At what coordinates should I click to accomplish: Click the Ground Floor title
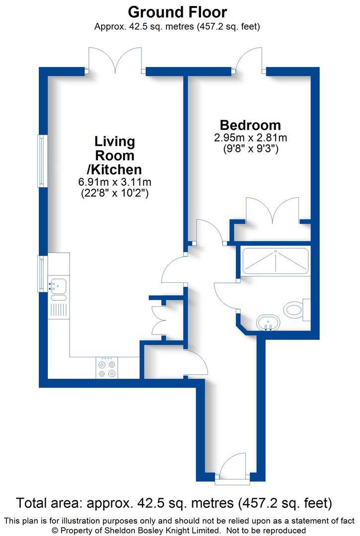pos(177,12)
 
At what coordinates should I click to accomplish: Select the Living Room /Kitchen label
pos(115,155)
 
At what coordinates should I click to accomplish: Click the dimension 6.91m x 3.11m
pos(115,182)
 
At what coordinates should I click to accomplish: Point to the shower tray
pos(275,261)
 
